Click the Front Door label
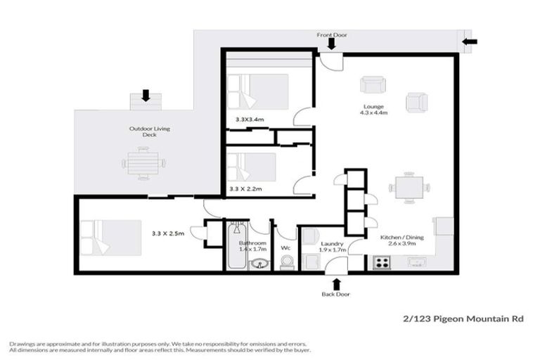[x=331, y=34]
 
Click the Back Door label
[x=336, y=294]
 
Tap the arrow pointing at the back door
[x=336, y=283]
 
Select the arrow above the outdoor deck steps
[x=146, y=95]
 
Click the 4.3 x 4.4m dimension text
[x=374, y=112]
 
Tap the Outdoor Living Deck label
[x=149, y=132]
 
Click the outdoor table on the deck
[x=144, y=163]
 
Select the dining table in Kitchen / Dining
[x=409, y=188]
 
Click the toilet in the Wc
[x=285, y=262]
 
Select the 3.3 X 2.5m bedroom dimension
[x=168, y=233]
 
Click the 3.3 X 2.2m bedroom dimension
[x=246, y=189]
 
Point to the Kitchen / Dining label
[x=402, y=238]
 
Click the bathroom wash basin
[x=259, y=264]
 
